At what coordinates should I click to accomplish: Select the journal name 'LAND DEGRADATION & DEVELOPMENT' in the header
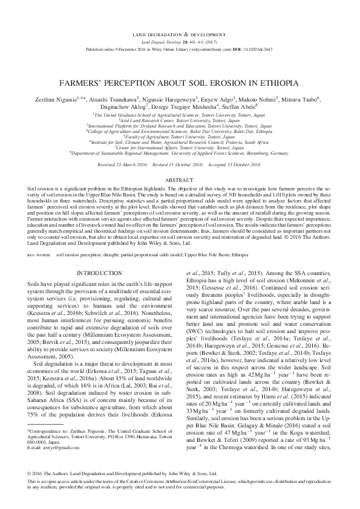tap(180, 34)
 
